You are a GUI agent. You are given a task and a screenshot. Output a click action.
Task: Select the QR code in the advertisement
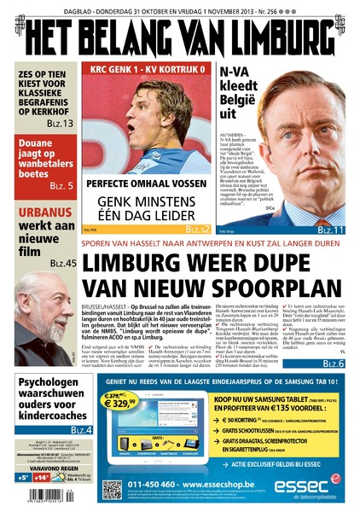[x=113, y=491]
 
